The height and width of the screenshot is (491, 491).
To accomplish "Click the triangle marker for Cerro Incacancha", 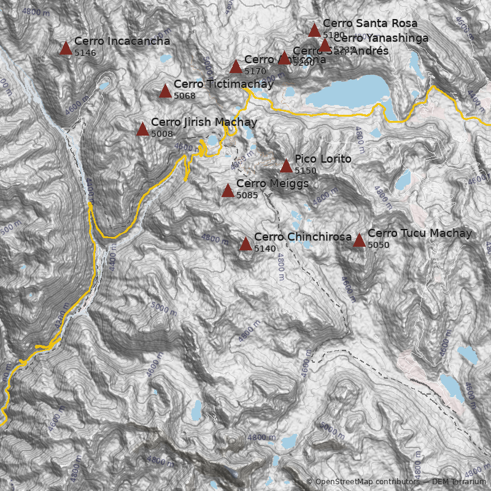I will click(x=66, y=48).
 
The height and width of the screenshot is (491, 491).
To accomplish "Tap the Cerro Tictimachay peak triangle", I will click(x=165, y=91).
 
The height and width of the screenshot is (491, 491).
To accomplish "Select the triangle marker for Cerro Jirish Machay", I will click(x=142, y=130).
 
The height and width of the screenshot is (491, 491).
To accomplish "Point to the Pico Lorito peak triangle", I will click(x=286, y=166).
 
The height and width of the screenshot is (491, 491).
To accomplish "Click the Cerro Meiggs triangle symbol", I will click(x=228, y=191).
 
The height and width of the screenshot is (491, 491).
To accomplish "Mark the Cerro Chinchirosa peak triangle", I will click(x=245, y=244).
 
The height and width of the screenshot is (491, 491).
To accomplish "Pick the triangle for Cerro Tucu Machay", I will click(x=359, y=241).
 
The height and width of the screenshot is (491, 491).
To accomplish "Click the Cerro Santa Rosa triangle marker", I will click(x=314, y=31).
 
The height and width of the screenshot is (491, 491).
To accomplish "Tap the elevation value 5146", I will click(x=85, y=53).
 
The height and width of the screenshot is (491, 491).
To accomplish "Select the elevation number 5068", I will click(x=185, y=96).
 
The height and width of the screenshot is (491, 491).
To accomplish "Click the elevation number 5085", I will click(x=247, y=196).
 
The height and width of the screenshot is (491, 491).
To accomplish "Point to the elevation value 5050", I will click(x=379, y=245).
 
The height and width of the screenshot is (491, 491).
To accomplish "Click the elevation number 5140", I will click(x=265, y=249).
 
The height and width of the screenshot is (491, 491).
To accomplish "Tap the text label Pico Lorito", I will click(x=323, y=159).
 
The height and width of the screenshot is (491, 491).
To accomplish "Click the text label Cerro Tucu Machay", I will click(x=420, y=233).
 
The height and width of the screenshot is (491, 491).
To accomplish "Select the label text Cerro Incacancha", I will click(x=122, y=41).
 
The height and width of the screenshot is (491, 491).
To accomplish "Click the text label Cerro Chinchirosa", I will click(x=303, y=237).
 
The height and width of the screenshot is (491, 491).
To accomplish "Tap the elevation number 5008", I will click(x=162, y=134).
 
